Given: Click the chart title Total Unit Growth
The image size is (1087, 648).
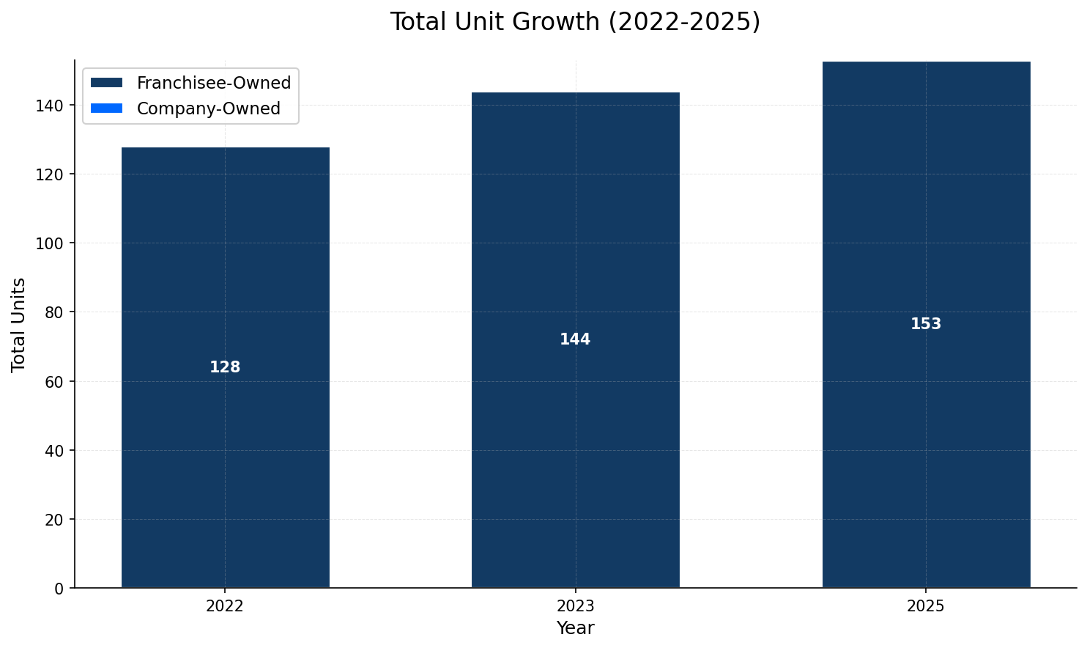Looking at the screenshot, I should pos(575,22).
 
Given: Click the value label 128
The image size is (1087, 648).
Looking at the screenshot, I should pos(225,368).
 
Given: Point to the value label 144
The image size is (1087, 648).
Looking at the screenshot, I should pos(575,340).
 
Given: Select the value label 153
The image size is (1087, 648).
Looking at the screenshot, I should pos(926,325).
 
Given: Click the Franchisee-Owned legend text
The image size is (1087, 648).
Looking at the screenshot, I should pos(214,84).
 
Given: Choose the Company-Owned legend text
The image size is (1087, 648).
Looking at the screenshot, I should pos(209,109).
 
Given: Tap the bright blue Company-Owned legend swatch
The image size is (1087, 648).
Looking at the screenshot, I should pos(107,109).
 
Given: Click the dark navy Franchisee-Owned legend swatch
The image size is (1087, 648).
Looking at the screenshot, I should pos(107,84).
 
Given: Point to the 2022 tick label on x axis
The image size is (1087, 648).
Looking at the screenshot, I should pos(225,607).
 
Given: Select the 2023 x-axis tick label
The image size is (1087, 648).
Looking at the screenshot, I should pos(575,607).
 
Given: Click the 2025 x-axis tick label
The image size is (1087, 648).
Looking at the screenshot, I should pos(926,607).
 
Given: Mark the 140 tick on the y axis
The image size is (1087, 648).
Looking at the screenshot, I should pos(50,106).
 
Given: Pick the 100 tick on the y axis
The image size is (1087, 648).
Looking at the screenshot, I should pos(50,243).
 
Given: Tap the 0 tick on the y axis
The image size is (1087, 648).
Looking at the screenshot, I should pos(59,589).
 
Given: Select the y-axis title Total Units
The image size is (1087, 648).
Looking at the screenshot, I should pos(19,325).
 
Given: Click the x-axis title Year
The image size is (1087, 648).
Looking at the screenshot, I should pos(575,629).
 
